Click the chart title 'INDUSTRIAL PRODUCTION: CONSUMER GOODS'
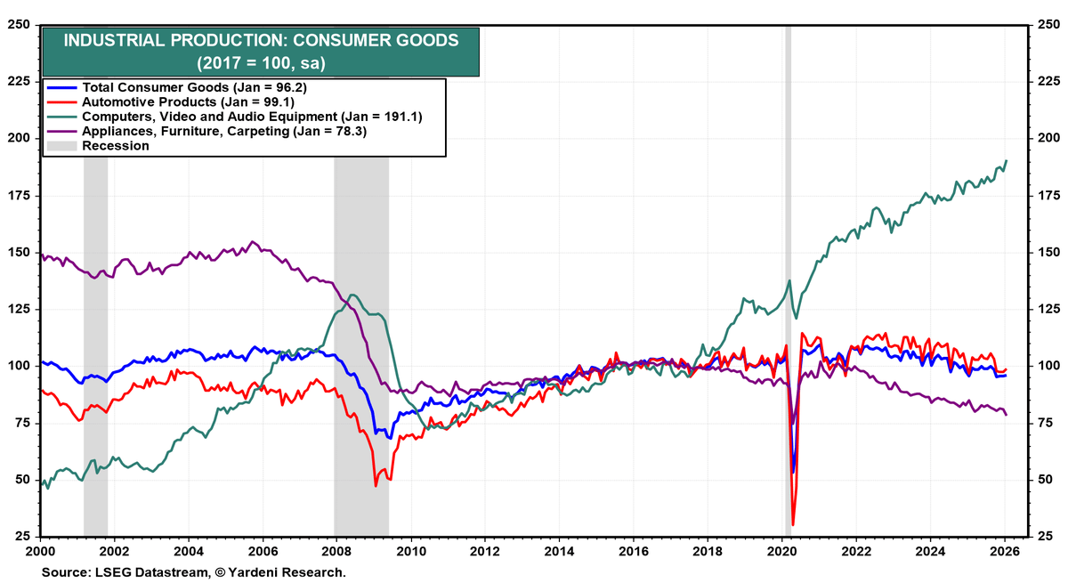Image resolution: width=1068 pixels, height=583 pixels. [263, 40]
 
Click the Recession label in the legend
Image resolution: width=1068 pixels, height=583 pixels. [116, 145]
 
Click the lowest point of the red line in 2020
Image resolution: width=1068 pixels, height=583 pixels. [792, 525]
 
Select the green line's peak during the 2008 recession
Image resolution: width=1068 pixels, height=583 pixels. [352, 295]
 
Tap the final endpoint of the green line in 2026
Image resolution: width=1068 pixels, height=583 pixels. [1007, 161]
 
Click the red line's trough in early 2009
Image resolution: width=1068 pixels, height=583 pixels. [376, 485]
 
